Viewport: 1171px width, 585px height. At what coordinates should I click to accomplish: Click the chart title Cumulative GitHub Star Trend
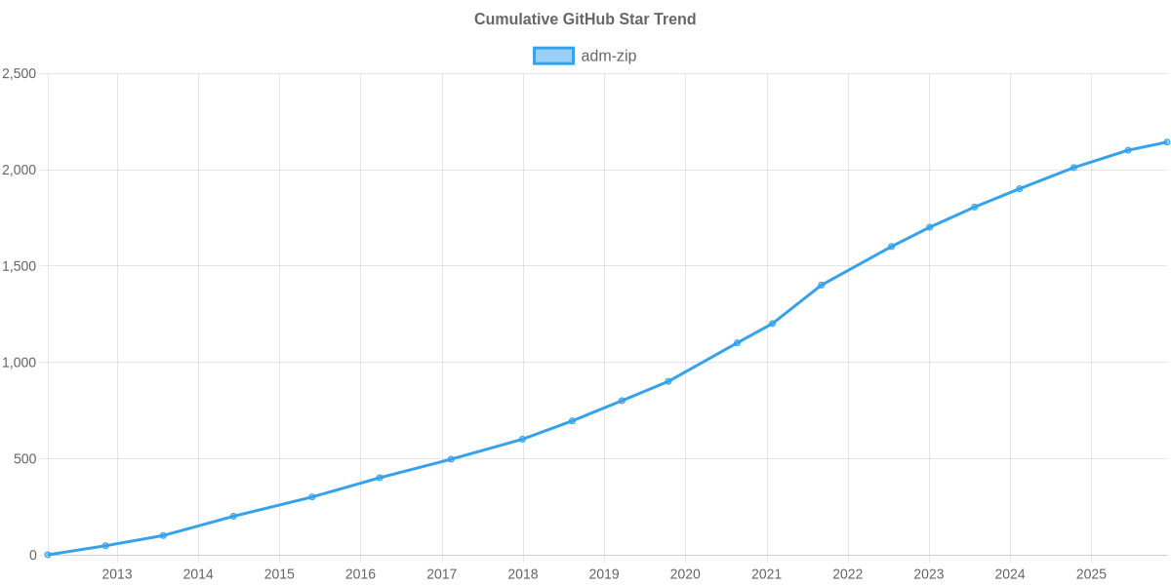[585, 19]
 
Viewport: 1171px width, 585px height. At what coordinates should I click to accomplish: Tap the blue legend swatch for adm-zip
[553, 56]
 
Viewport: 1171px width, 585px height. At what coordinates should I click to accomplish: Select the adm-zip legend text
[609, 56]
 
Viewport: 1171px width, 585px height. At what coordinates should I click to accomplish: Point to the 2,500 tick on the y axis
[20, 74]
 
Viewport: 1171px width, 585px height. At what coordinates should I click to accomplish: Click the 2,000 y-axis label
[20, 171]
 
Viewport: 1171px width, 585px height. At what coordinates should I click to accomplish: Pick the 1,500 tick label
[20, 266]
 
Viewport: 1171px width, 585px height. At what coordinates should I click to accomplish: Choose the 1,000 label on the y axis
[20, 363]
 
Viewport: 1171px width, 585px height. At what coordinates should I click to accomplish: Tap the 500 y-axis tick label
[25, 459]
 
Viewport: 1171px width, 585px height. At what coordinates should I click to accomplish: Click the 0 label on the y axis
[33, 556]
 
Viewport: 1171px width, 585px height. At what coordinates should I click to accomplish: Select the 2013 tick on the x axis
[117, 574]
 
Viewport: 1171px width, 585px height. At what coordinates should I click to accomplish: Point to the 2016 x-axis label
[360, 574]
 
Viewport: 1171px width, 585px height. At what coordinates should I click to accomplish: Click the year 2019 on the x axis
[604, 574]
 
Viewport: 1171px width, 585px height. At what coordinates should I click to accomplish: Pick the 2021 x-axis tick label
[766, 574]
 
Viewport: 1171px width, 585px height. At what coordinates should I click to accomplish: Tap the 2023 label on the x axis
[929, 574]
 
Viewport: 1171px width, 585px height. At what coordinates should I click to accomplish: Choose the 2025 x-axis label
[1091, 574]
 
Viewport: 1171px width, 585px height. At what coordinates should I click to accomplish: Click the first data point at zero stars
[48, 555]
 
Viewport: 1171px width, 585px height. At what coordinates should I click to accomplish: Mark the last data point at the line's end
[1167, 142]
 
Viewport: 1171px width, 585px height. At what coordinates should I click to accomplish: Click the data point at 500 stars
[450, 459]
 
